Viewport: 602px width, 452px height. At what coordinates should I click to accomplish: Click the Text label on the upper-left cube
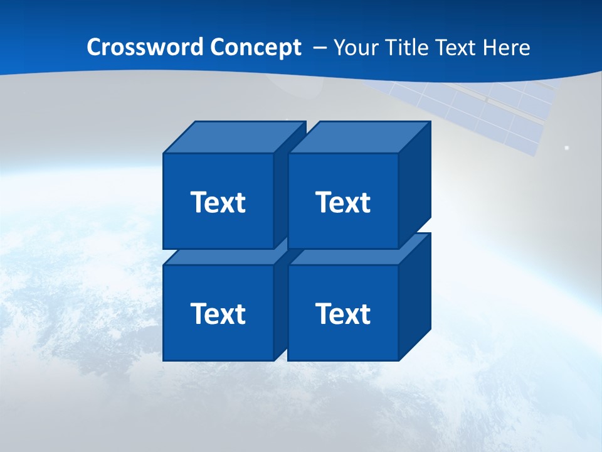point(218,202)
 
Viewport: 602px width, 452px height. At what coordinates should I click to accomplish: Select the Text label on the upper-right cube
point(342,202)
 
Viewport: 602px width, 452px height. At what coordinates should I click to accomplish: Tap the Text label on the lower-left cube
point(218,313)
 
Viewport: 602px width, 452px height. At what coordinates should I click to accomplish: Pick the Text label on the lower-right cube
point(342,313)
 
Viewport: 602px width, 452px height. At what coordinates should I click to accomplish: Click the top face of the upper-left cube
point(232,137)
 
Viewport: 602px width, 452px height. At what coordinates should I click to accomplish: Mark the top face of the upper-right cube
point(359,137)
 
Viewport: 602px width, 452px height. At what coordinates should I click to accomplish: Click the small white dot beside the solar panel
point(566,148)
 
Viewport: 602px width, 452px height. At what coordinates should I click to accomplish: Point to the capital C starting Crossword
point(94,48)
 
